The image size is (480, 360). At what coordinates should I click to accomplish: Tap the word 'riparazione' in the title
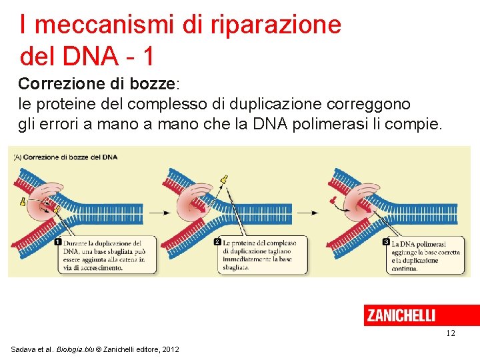(276, 25)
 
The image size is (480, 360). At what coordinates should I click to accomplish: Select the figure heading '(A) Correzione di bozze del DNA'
(65, 157)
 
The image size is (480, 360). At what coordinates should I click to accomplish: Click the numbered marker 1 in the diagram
(58, 242)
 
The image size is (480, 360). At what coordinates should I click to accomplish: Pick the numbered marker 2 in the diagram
(217, 242)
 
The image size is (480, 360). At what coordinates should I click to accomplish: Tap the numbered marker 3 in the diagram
(386, 242)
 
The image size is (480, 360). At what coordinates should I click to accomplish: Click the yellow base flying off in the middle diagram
(225, 179)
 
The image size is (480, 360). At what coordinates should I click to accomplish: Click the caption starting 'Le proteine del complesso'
(257, 255)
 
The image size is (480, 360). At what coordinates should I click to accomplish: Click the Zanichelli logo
(401, 315)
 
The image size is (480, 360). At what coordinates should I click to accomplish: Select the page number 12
(451, 333)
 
